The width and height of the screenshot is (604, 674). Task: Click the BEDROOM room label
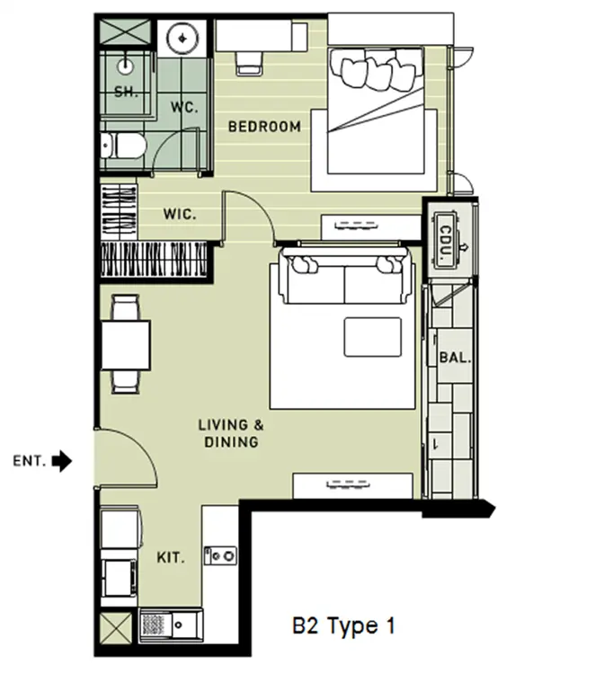tap(264, 127)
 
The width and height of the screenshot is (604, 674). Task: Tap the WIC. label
tap(180, 214)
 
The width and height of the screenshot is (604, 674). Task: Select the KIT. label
tap(171, 558)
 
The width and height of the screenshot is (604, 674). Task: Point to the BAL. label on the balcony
tap(456, 357)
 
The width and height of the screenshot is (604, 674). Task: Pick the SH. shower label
tap(126, 92)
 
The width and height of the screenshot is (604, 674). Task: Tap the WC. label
tap(184, 107)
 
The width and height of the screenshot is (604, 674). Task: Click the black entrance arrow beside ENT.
tap(62, 461)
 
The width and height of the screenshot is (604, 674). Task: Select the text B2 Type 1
tap(343, 625)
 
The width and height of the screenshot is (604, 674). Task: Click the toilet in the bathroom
tap(124, 146)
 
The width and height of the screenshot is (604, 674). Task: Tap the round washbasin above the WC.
tap(182, 39)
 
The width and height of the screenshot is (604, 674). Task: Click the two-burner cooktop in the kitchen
tap(220, 555)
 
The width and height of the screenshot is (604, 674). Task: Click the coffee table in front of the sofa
tap(372, 337)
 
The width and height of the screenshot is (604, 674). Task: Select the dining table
tap(126, 345)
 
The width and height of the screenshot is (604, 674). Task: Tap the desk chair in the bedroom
tap(249, 63)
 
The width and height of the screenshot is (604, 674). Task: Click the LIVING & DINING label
tap(231, 433)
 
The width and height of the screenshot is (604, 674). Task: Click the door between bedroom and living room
tap(249, 218)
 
